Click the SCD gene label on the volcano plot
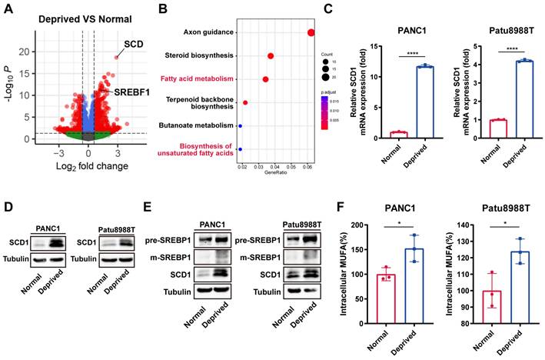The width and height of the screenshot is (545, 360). point(133,45)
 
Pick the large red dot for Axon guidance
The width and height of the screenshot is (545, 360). point(311,32)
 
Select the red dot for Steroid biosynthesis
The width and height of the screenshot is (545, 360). point(271,56)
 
